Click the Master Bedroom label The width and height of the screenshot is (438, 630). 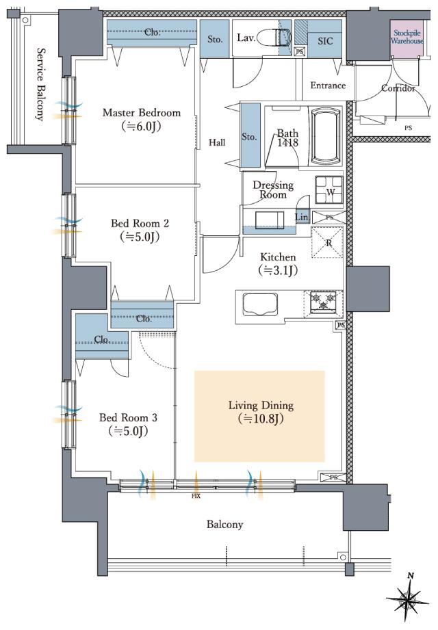pos(142,112)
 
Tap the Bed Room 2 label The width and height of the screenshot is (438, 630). pos(140,223)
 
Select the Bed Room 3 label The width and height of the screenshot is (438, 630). pos(128,417)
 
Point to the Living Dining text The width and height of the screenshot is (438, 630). pos(261,405)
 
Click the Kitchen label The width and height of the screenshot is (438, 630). pos(278,257)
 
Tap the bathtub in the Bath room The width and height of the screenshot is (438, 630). pos(326,137)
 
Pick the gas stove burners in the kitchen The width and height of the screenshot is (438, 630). pos(324,302)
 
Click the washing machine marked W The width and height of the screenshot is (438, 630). pos(329,190)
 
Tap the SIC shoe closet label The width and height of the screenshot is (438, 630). pos(325,40)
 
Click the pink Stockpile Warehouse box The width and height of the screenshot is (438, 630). pos(407,38)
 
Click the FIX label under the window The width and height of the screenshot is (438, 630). pos(196,496)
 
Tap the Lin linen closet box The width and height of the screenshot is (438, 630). pos(302,217)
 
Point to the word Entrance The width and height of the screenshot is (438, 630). pos(328,86)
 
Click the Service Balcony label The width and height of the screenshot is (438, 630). pos(40,84)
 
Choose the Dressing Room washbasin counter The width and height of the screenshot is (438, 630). pos(269,220)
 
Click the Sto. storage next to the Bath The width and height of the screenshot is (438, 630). pos(250,135)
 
